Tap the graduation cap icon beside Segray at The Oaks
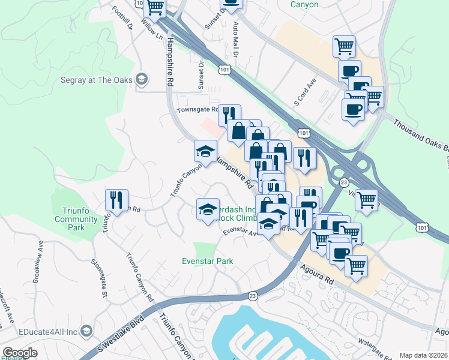pyautogui.click(x=142, y=79)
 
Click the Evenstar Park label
pyautogui.click(x=208, y=261)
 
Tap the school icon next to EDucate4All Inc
pyautogui.click(x=87, y=331)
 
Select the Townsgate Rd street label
pyautogui.click(x=197, y=110)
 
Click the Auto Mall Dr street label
pyautogui.click(x=235, y=41)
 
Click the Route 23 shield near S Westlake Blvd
pyautogui.click(x=253, y=295)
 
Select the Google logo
pyautogui.click(x=20, y=353)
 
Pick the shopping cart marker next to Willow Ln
pyautogui.click(x=155, y=8)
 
